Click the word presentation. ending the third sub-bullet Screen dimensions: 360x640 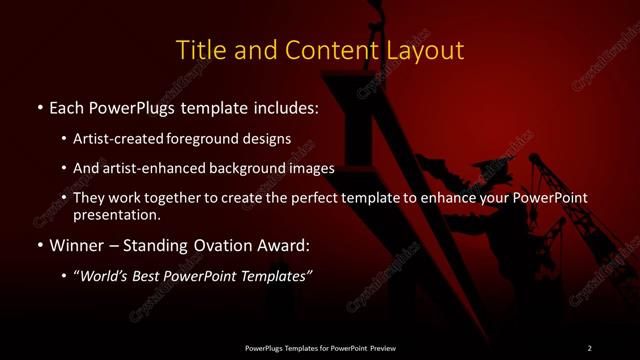pyautogui.click(x=116, y=214)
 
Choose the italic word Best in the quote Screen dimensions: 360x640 pyautogui.click(x=148, y=276)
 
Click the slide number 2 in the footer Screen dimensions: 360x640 pyautogui.click(x=589, y=347)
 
